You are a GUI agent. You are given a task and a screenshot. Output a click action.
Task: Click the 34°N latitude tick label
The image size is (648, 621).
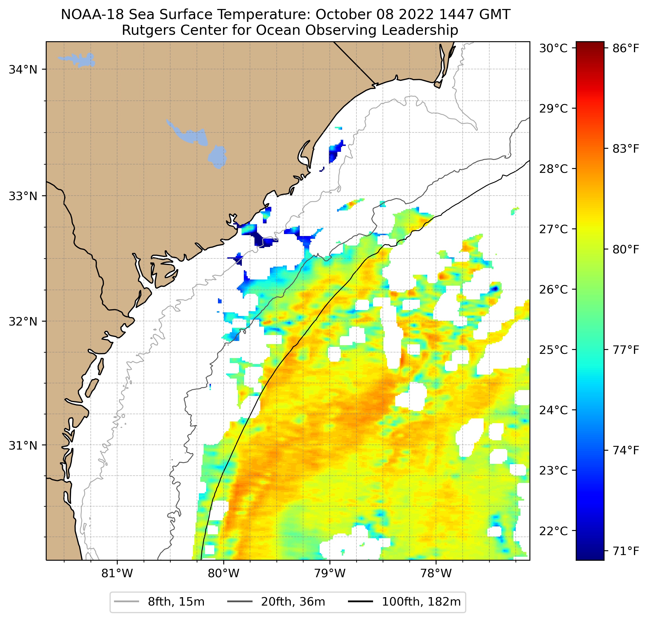[x=23, y=70]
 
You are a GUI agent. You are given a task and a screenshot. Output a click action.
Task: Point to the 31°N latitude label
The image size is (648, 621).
[x=23, y=446]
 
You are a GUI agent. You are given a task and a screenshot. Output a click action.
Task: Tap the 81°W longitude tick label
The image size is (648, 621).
[x=117, y=573]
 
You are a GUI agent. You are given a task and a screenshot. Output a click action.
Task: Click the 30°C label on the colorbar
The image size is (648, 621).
[x=553, y=48]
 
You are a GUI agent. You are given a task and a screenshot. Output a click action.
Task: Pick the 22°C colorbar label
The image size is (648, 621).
[x=553, y=531]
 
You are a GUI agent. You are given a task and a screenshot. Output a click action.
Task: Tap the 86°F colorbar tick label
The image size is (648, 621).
[x=626, y=48]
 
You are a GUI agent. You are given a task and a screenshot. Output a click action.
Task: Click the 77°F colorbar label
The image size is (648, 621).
[x=626, y=350]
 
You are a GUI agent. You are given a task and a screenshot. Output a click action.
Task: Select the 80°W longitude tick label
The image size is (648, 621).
[x=224, y=573]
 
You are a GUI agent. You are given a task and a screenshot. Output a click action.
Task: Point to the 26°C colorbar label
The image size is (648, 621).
[x=553, y=290]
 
